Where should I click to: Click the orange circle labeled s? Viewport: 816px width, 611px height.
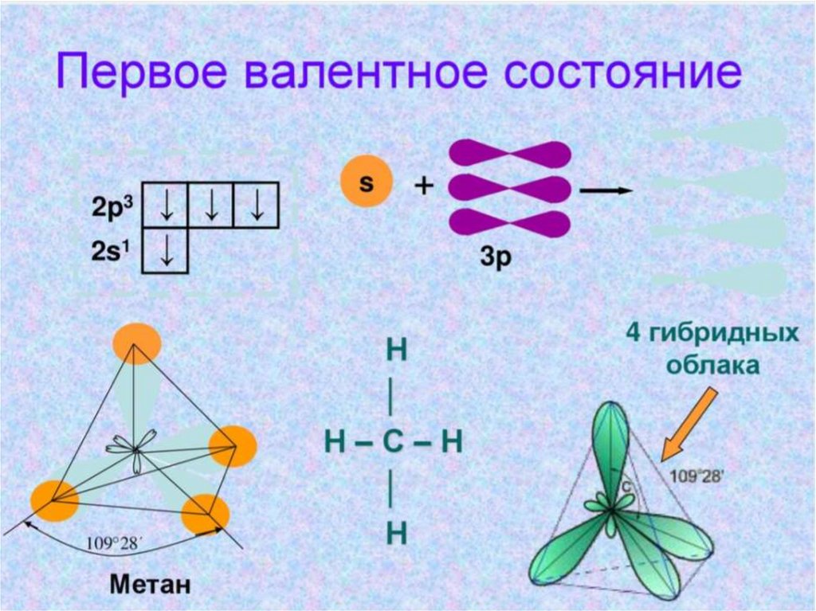pos(367,182)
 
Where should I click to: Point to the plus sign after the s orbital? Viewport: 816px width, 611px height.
pos(424,186)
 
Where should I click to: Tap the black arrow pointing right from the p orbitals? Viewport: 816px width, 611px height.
pos(606,191)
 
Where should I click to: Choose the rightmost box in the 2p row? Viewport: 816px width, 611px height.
pos(257,206)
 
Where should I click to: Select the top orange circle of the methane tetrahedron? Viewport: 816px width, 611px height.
pos(136,343)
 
